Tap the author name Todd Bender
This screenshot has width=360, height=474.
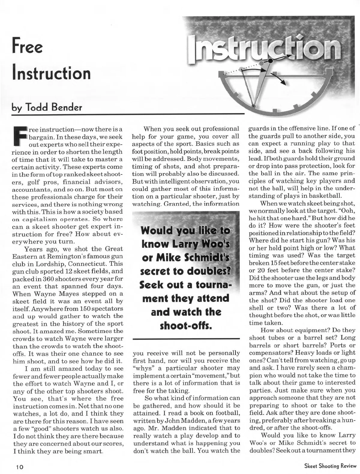(55, 107)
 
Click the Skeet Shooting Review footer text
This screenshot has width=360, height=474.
(330, 466)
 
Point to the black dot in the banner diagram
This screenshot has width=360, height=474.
(270, 61)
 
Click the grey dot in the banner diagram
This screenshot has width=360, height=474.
(262, 63)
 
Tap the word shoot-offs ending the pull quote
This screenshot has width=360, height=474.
(186, 325)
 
